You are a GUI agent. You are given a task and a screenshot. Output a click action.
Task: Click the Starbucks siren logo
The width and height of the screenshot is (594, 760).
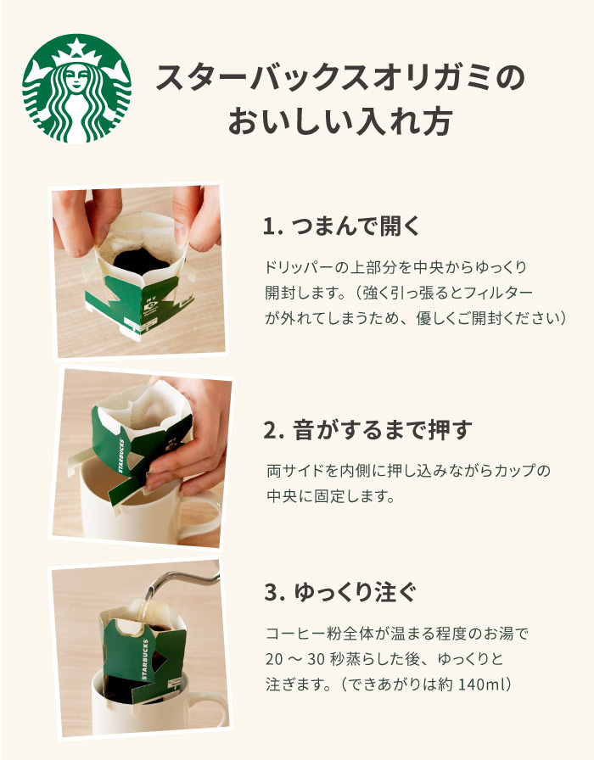coord(76,88)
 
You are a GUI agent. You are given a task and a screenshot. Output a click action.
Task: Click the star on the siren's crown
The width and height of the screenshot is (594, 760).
coord(76,47)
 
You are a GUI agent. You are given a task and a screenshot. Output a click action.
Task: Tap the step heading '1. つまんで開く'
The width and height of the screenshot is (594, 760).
coord(341,226)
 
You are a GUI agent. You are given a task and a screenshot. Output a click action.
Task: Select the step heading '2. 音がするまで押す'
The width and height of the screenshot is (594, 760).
coord(368,430)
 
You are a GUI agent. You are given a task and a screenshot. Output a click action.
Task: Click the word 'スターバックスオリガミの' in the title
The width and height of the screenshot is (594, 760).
coord(340,78)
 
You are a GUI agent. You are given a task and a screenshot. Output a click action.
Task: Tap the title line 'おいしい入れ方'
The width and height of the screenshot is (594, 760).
coord(340,121)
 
